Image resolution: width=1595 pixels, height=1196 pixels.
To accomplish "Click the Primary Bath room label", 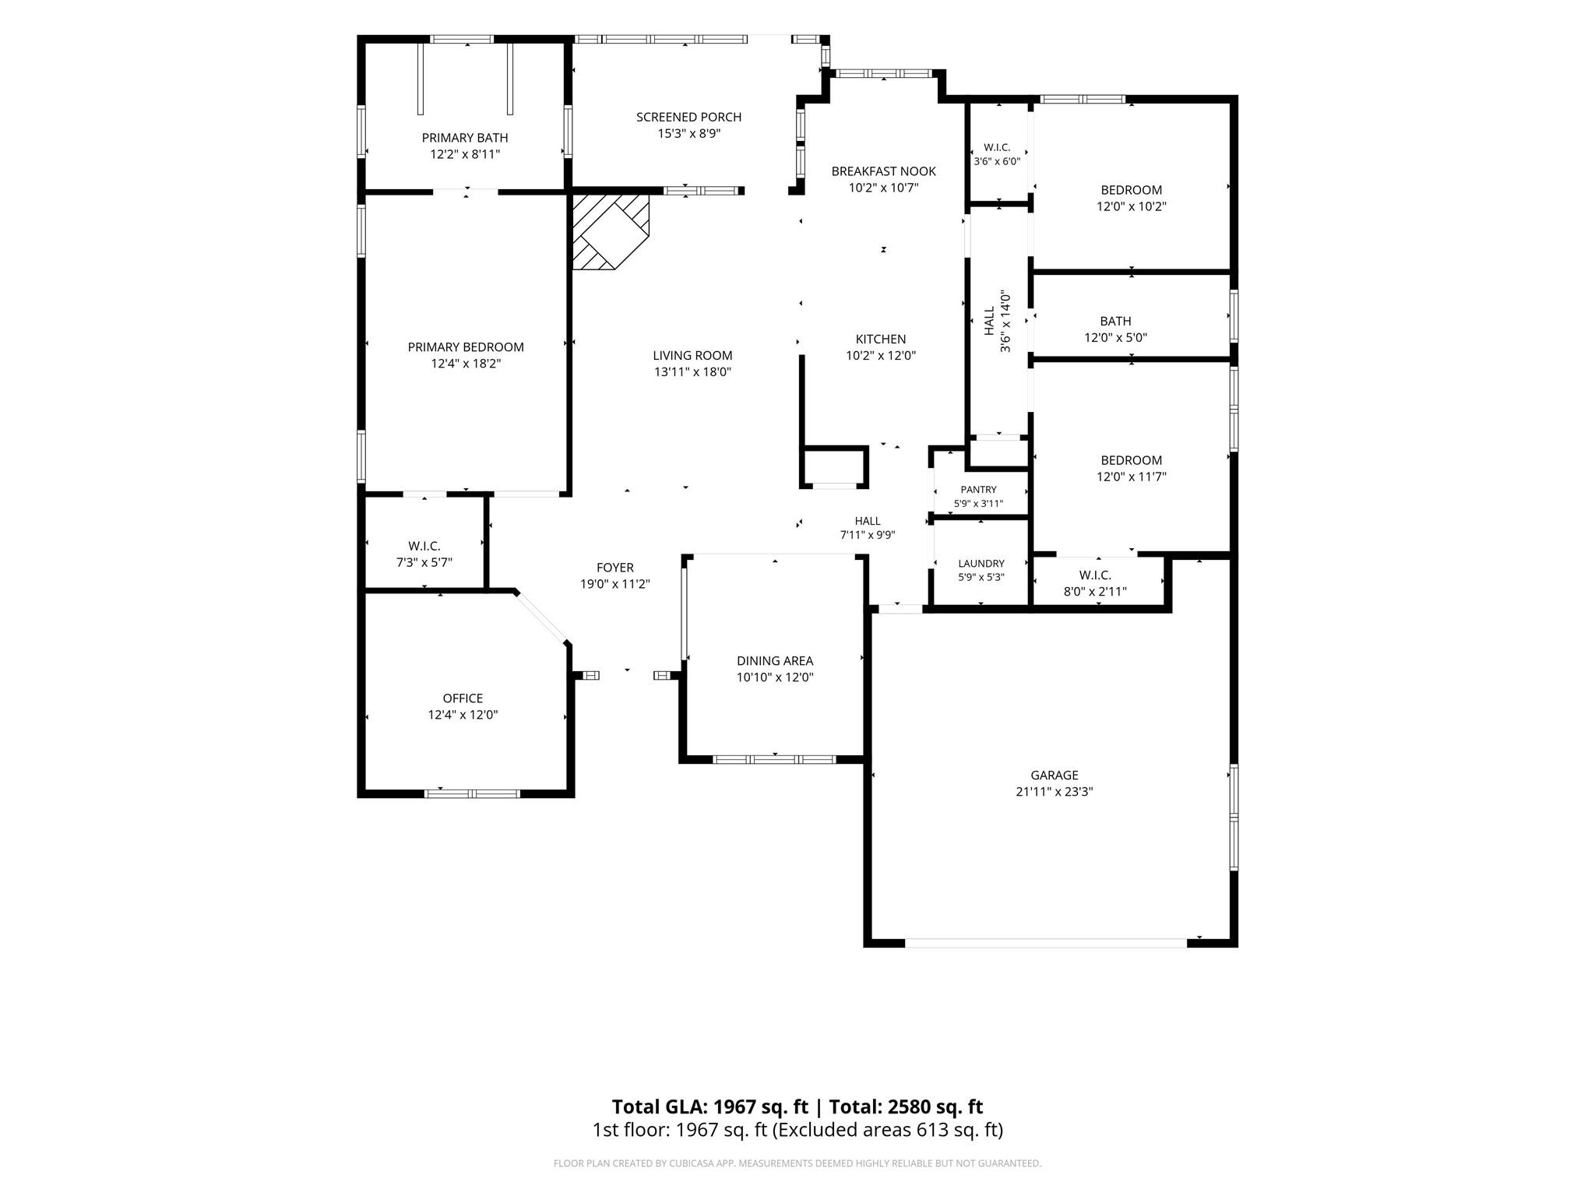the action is point(465,138).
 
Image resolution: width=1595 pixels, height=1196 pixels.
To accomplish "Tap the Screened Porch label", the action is point(688,117).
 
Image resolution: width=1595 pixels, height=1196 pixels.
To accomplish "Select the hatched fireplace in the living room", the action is point(611,232).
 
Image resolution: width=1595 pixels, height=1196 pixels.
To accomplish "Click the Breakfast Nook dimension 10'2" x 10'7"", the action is point(883,188).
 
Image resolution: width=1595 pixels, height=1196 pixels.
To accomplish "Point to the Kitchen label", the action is point(881,339).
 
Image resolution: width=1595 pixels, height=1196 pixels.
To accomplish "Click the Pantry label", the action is point(978,490).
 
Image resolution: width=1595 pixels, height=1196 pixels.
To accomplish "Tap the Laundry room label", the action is point(981,564).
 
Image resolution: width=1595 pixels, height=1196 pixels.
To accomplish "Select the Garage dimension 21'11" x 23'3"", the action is point(1055,792).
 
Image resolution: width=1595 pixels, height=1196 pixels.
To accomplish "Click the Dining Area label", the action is point(775,661).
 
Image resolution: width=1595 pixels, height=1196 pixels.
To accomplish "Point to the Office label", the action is point(463,698).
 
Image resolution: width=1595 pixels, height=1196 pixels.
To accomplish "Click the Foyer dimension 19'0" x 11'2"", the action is point(615,584).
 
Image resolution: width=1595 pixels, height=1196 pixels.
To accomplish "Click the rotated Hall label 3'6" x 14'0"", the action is point(997,321).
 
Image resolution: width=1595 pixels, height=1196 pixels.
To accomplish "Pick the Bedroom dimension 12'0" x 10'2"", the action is point(1131,206).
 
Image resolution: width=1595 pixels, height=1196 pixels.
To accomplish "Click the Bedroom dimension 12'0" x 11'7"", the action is point(1131,477).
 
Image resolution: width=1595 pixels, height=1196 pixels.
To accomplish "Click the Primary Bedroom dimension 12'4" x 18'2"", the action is point(465,364).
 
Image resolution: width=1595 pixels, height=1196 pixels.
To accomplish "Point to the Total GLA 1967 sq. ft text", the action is point(709,1106).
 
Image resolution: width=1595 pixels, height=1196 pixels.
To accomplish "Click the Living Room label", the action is point(692,356).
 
